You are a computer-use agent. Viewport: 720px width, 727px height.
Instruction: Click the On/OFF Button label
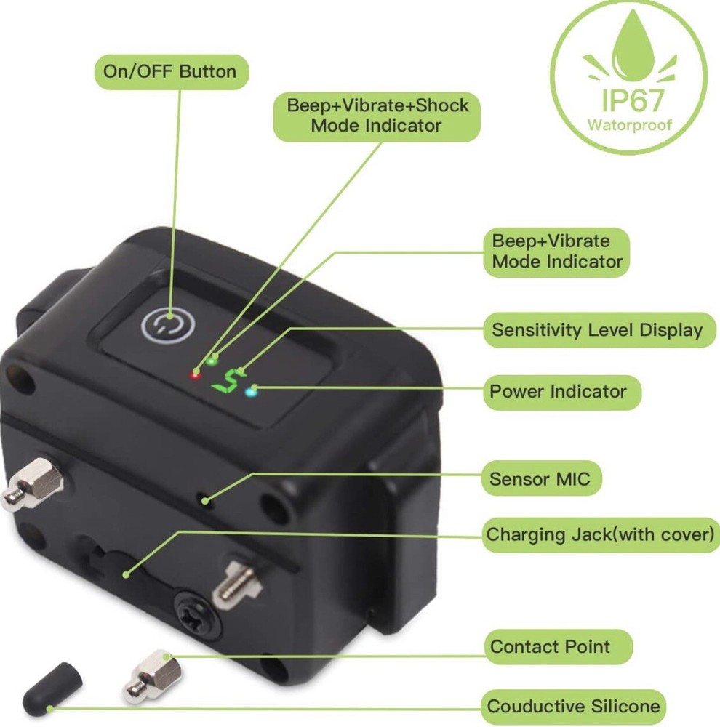[x=171, y=72]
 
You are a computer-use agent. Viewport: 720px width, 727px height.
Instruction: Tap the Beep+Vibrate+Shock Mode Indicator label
[x=377, y=116]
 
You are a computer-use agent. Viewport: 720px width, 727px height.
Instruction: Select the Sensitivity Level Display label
[x=599, y=330]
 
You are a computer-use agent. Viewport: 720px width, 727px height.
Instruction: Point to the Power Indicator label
[x=561, y=393]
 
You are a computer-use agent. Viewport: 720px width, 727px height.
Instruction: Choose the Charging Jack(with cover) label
[x=601, y=534]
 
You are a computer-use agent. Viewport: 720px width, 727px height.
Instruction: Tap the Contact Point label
[x=557, y=646]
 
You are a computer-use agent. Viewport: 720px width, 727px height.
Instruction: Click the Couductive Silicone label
[x=573, y=707]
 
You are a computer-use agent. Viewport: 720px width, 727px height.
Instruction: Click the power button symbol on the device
[x=168, y=325]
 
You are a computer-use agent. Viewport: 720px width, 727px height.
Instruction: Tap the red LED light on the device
[x=196, y=374]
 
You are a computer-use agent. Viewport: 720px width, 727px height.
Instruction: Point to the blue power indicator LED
[x=251, y=393]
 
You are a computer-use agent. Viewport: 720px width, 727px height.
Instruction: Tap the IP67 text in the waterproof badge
[x=632, y=100]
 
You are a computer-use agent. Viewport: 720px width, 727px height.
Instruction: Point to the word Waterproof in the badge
[x=630, y=125]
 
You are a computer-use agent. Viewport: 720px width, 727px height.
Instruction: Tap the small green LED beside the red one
[x=212, y=360]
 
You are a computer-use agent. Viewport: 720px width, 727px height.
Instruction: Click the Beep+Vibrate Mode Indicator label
[x=556, y=252]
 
